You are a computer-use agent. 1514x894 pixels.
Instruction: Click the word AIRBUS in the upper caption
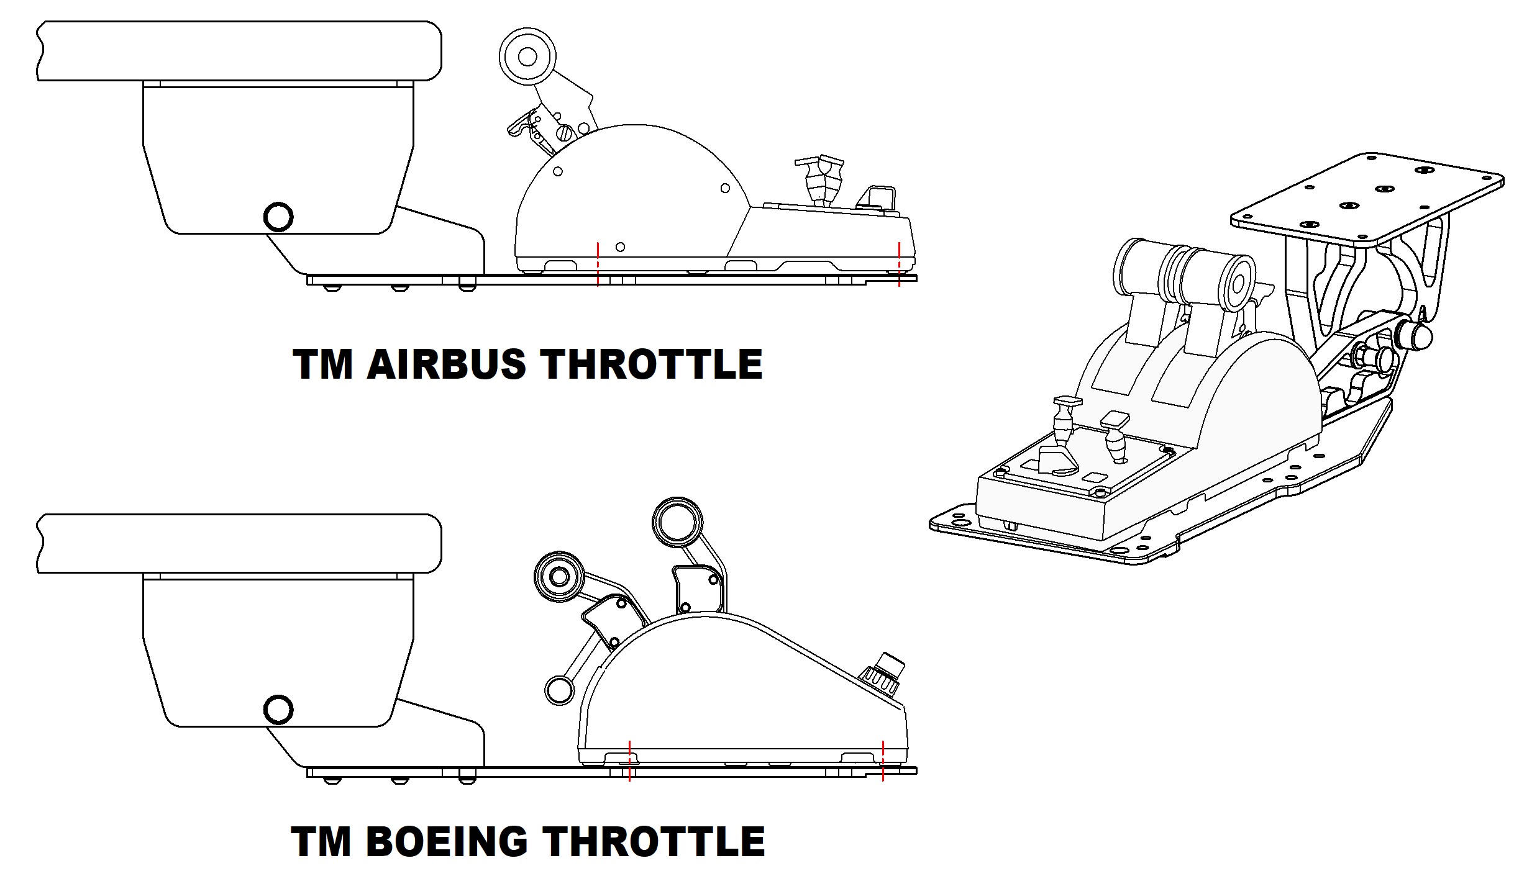pyautogui.click(x=446, y=364)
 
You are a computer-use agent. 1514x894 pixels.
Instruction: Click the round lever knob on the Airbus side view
pyautogui.click(x=527, y=56)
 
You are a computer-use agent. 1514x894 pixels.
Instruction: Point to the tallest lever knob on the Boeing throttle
pyautogui.click(x=677, y=522)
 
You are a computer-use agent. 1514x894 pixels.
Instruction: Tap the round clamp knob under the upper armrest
pyautogui.click(x=278, y=217)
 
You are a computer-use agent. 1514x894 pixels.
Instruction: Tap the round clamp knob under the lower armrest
pyautogui.click(x=278, y=710)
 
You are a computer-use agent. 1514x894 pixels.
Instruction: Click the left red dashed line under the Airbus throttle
pyautogui.click(x=598, y=264)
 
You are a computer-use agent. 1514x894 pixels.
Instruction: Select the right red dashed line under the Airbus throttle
pyautogui.click(x=899, y=264)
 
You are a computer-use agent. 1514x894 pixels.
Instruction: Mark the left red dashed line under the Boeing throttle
pyautogui.click(x=629, y=761)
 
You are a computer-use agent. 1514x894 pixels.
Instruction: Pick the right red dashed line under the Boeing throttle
pyautogui.click(x=883, y=761)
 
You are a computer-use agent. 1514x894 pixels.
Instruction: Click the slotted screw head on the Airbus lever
pyautogui.click(x=565, y=133)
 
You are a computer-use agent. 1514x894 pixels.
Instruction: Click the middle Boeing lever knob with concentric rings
pyautogui.click(x=559, y=577)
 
